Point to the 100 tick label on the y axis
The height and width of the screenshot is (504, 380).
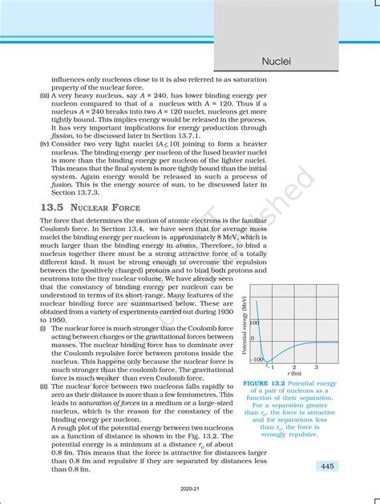click(256, 322)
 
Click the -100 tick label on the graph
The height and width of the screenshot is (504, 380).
click(257, 360)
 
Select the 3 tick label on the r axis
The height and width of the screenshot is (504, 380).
click(315, 367)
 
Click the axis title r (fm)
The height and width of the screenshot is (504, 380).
click(292, 374)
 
